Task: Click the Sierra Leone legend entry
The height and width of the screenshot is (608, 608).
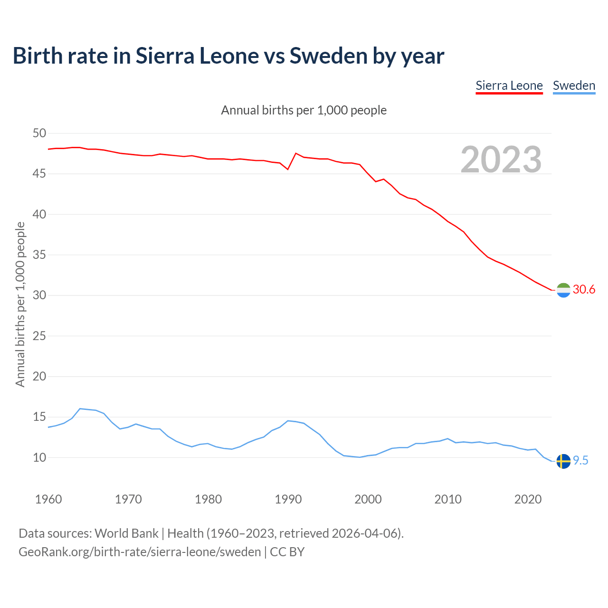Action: coord(509,85)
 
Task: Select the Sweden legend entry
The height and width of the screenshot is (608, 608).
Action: coord(574,85)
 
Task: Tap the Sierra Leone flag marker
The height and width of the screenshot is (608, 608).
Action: coord(563,290)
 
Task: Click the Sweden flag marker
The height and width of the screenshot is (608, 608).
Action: coord(563,461)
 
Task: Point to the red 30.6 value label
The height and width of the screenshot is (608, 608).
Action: coord(584,289)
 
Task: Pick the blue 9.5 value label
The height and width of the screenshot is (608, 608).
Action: coord(580,460)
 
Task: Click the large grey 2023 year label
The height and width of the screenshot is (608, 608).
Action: coord(501,160)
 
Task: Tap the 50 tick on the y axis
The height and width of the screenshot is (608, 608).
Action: coord(39,133)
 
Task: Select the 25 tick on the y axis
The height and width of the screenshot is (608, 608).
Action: coord(39,336)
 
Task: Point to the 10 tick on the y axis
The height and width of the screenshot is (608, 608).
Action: coord(39,457)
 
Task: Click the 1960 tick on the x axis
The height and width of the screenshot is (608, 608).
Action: coord(48,499)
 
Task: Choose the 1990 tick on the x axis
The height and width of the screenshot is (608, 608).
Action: coord(288,499)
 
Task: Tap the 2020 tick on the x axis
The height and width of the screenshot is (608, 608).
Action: coord(528,499)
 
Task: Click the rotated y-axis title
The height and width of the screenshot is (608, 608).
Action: coord(20,304)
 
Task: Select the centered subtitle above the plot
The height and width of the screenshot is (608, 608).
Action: coord(304,110)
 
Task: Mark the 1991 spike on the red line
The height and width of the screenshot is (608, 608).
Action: coord(296,153)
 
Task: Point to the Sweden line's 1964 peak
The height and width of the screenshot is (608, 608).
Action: coord(80,408)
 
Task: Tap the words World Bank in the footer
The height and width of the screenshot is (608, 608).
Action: coord(126,533)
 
